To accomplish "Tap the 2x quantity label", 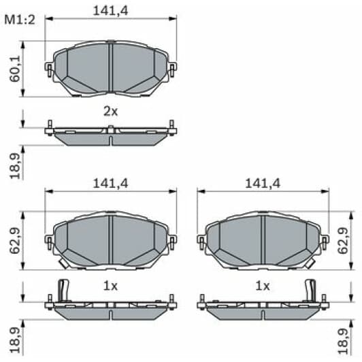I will point(110,110).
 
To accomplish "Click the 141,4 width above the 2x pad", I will point(110,9).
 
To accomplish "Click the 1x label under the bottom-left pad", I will point(110,286).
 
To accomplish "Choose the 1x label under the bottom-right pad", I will point(263,286).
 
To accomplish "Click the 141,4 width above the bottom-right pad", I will point(263,183).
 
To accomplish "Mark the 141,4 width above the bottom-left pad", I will point(110,183).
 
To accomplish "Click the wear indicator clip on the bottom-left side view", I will point(64,289).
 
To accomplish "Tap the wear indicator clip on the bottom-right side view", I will point(310,289).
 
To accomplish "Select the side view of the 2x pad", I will point(110,134).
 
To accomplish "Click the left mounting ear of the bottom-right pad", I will point(201,240).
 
